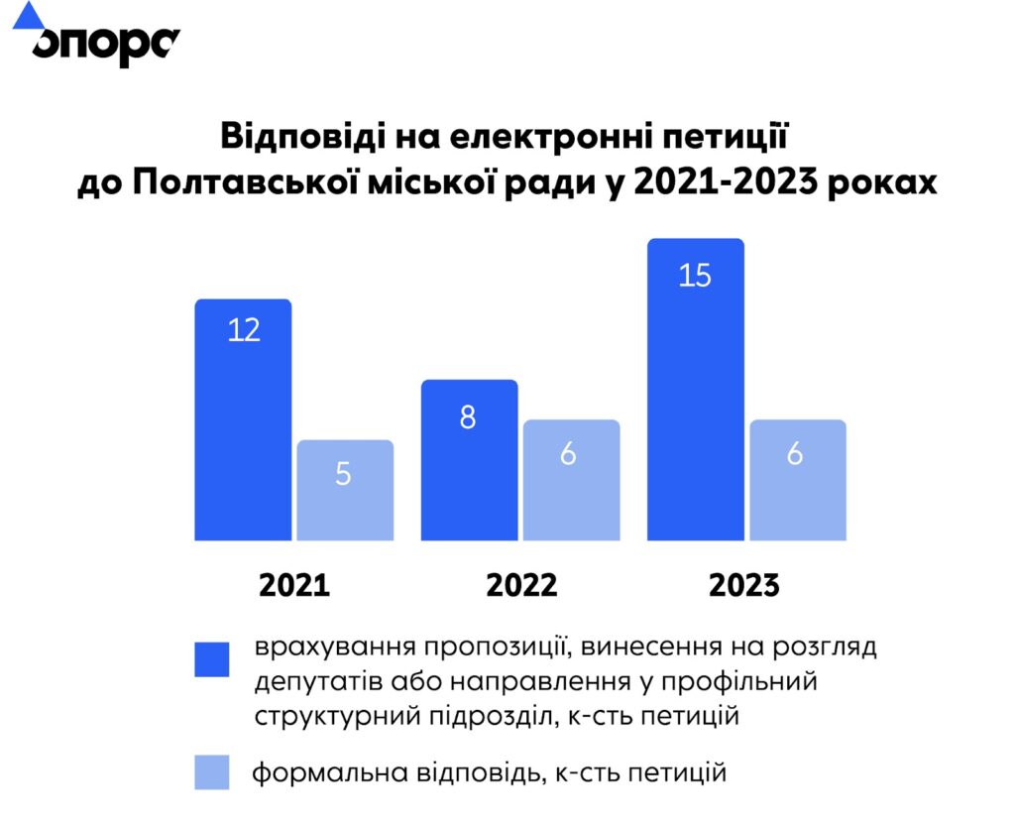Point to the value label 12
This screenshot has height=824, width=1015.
[x=244, y=329]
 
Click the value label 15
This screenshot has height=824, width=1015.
[x=695, y=275]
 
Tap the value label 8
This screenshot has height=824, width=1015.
[x=468, y=417]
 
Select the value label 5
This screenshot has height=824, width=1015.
[x=343, y=474]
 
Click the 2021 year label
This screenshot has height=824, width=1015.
[x=293, y=585]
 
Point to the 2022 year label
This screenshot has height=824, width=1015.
[x=521, y=585]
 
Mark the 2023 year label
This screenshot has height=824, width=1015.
[x=744, y=585]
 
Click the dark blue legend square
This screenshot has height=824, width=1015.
[x=211, y=659]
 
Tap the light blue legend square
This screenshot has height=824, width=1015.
[x=211, y=772]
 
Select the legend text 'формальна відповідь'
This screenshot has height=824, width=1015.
[x=396, y=772]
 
